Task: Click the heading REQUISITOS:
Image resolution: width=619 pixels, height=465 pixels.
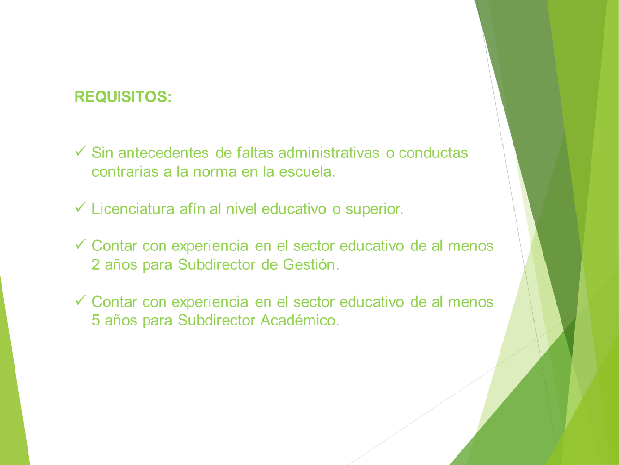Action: click(123, 97)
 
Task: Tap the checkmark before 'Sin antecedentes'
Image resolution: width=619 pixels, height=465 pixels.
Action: click(80, 152)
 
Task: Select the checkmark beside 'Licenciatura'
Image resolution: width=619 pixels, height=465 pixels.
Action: click(80, 208)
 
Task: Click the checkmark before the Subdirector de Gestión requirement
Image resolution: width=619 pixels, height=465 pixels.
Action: click(80, 245)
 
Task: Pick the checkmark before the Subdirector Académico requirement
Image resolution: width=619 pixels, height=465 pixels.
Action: click(80, 300)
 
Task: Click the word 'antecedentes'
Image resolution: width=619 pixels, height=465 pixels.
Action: click(163, 153)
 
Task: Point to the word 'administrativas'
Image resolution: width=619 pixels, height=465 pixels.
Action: click(329, 153)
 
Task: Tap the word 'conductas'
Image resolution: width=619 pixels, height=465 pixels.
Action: click(433, 153)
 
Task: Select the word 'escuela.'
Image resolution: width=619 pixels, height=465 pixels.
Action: click(307, 171)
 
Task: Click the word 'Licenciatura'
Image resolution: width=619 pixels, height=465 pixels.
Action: click(133, 209)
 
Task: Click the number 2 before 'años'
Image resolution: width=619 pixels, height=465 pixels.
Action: click(96, 264)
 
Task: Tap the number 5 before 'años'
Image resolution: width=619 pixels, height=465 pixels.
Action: click(96, 320)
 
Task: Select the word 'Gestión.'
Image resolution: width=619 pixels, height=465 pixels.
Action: click(311, 264)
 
